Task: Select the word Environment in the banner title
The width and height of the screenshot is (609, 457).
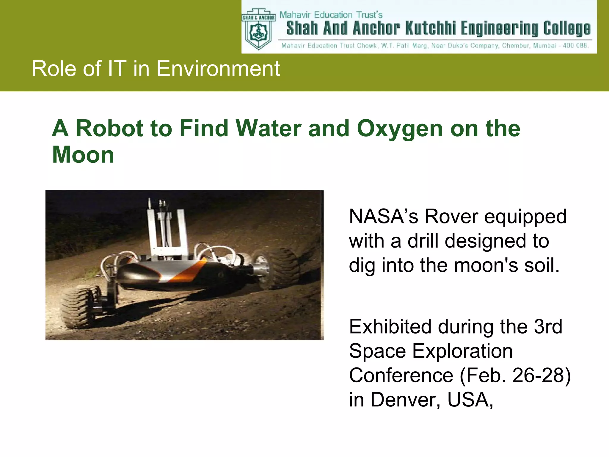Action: coord(218,69)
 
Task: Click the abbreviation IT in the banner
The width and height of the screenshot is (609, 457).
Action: coord(117,69)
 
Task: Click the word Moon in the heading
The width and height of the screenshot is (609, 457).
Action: coord(83,155)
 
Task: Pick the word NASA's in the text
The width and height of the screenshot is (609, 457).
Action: coord(384,216)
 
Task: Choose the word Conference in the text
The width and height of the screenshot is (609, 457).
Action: coord(401,375)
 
